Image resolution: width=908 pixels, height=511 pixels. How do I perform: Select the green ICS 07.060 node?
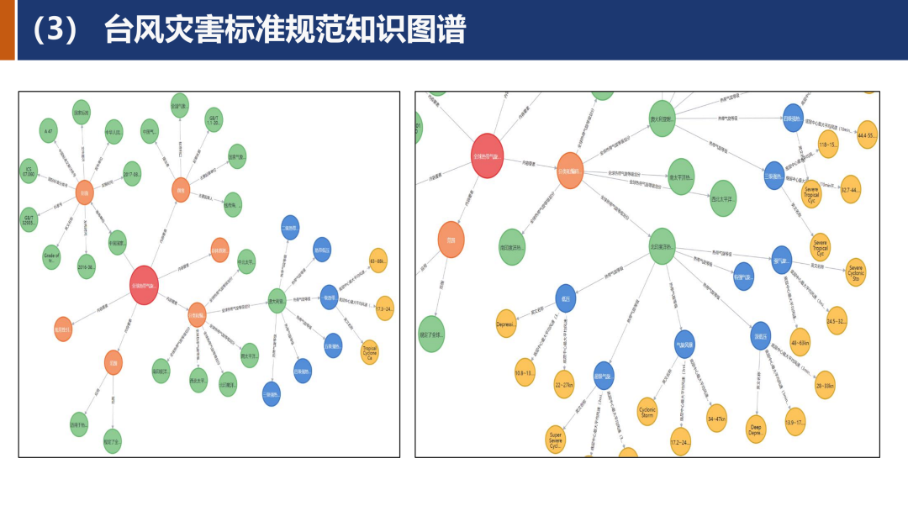tap(29, 171)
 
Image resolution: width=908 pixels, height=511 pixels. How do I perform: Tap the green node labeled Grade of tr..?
tap(52, 256)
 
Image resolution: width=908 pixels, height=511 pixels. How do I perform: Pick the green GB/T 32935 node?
tap(29, 219)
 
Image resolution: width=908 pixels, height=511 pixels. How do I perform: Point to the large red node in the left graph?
tap(144, 285)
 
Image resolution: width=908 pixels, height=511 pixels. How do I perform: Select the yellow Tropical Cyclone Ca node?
tap(370, 352)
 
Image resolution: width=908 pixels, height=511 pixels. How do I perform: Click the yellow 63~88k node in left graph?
tap(378, 261)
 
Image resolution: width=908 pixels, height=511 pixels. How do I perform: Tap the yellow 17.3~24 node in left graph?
tap(385, 308)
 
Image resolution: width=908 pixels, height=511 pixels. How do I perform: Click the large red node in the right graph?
tap(488, 155)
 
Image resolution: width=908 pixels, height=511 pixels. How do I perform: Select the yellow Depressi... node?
tap(506, 324)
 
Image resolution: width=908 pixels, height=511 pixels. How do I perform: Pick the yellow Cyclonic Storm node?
tap(647, 411)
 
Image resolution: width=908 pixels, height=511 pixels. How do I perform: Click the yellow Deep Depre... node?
tap(756, 429)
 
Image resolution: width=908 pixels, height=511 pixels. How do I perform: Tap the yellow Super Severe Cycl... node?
tap(555, 439)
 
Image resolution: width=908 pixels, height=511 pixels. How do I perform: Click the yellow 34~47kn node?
tap(716, 418)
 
